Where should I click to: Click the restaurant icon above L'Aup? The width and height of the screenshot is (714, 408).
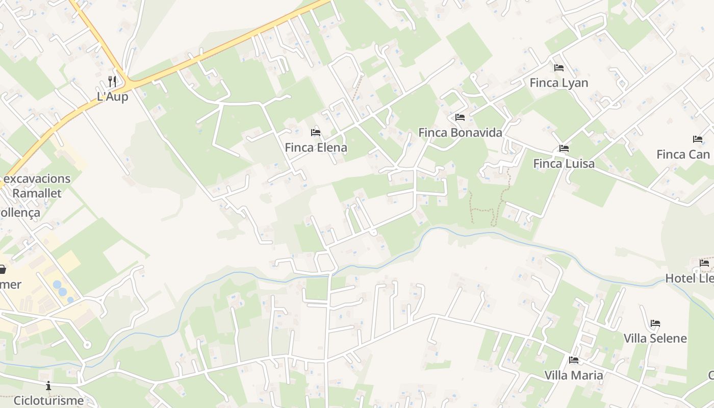[x=112, y=81]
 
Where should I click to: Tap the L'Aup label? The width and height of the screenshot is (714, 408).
[x=112, y=96]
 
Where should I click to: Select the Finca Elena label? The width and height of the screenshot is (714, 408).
[x=316, y=148]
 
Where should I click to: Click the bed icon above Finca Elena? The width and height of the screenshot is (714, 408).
[x=316, y=133]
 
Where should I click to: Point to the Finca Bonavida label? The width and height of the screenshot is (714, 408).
[x=460, y=133]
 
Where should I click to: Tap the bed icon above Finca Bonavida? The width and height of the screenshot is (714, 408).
[x=460, y=117]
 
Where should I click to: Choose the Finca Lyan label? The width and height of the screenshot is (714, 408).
[x=558, y=83]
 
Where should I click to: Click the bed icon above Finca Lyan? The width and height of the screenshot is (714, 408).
[x=558, y=67]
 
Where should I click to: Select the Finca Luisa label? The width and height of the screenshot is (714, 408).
[x=564, y=164]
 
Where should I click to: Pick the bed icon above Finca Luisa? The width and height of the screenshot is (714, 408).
[x=564, y=148]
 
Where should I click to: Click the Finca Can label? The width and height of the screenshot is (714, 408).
[x=683, y=154]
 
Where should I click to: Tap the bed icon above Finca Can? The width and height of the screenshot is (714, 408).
[x=697, y=139]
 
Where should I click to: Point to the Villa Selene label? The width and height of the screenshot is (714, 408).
[x=655, y=339]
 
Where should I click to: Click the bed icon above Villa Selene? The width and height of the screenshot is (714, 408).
[x=655, y=323]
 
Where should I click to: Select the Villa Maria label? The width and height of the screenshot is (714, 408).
[x=573, y=375]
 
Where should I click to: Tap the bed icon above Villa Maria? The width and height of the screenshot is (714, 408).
[x=573, y=360]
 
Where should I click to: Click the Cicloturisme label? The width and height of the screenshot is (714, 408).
[x=48, y=400]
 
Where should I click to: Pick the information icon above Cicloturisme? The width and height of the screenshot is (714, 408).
[x=48, y=386]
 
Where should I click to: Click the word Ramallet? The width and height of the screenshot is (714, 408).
[x=37, y=193]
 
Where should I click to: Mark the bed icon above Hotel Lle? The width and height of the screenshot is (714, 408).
[x=704, y=263]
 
